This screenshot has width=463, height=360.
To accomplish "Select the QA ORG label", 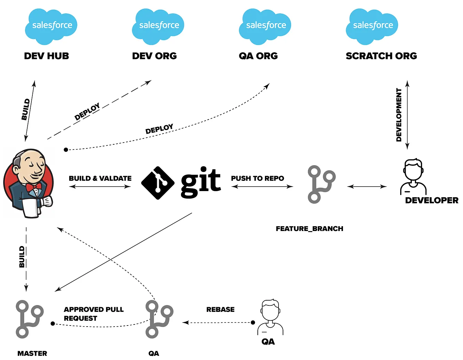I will (x=258, y=56).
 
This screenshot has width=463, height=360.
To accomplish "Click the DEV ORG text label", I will (x=154, y=56).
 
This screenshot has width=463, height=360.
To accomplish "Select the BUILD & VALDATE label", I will (x=100, y=178).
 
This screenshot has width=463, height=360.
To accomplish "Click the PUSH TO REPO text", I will (x=257, y=178).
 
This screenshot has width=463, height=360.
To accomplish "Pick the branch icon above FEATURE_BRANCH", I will (x=321, y=184).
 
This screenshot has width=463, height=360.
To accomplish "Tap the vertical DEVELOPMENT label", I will (x=399, y=115).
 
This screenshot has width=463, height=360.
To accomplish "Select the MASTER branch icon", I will (x=29, y=319).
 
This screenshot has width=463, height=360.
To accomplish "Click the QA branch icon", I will (x=159, y=319).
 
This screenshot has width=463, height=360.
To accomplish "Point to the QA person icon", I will (x=270, y=317).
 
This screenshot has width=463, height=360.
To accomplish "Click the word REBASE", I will (x=220, y=309).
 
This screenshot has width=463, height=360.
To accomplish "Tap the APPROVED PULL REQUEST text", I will (x=93, y=314).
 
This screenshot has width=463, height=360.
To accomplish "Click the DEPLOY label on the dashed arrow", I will (x=87, y=111).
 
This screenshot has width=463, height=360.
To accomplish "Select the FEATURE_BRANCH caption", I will (x=309, y=229).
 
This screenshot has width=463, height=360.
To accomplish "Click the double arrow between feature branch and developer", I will (x=367, y=186).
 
